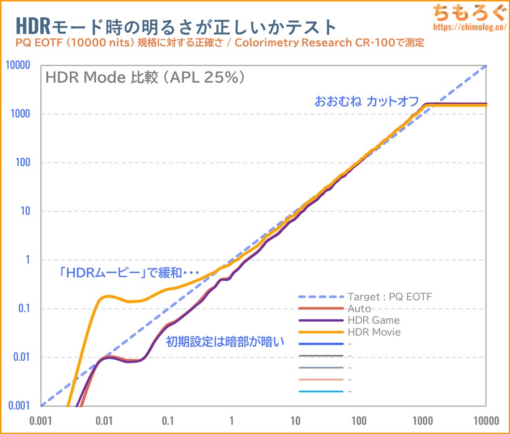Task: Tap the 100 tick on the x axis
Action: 359,421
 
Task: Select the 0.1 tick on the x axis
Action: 168,421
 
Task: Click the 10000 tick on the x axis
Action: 486,421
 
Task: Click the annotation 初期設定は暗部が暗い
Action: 224,342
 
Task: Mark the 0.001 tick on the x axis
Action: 40,421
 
